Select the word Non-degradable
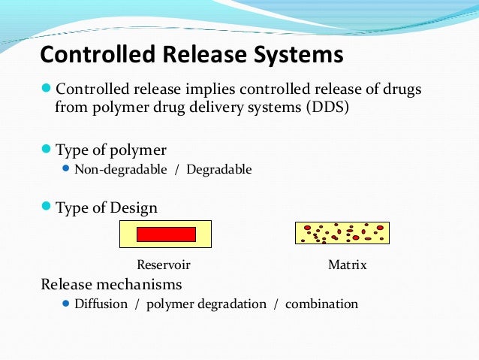click(x=121, y=170)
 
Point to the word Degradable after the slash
click(x=219, y=170)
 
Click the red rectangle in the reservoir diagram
click(x=166, y=234)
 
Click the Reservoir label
click(x=164, y=265)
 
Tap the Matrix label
click(x=348, y=265)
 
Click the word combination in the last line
click(x=321, y=304)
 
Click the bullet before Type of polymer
click(x=47, y=149)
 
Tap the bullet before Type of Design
click(x=47, y=207)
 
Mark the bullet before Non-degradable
click(x=66, y=169)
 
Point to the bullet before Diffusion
click(x=66, y=304)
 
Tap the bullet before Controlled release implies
click(x=47, y=89)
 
